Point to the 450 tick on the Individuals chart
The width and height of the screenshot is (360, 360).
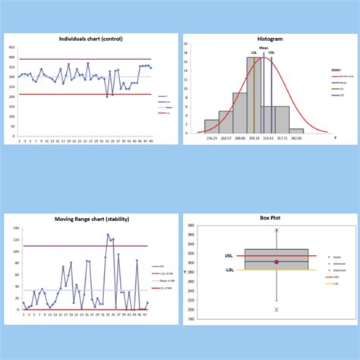(12, 47)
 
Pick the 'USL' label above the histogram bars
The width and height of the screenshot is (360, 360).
(272, 53)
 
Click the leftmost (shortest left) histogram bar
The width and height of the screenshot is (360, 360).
(212, 126)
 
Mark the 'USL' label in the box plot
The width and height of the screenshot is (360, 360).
(229, 256)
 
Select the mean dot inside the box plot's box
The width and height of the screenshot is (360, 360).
(276, 262)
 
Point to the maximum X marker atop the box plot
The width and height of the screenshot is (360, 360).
(276, 230)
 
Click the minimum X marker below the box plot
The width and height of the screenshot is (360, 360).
(276, 310)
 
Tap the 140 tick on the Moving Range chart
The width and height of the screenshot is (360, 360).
(15, 228)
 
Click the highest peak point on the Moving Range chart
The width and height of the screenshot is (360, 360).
(108, 235)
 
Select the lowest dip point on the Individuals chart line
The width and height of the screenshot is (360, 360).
(107, 96)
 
